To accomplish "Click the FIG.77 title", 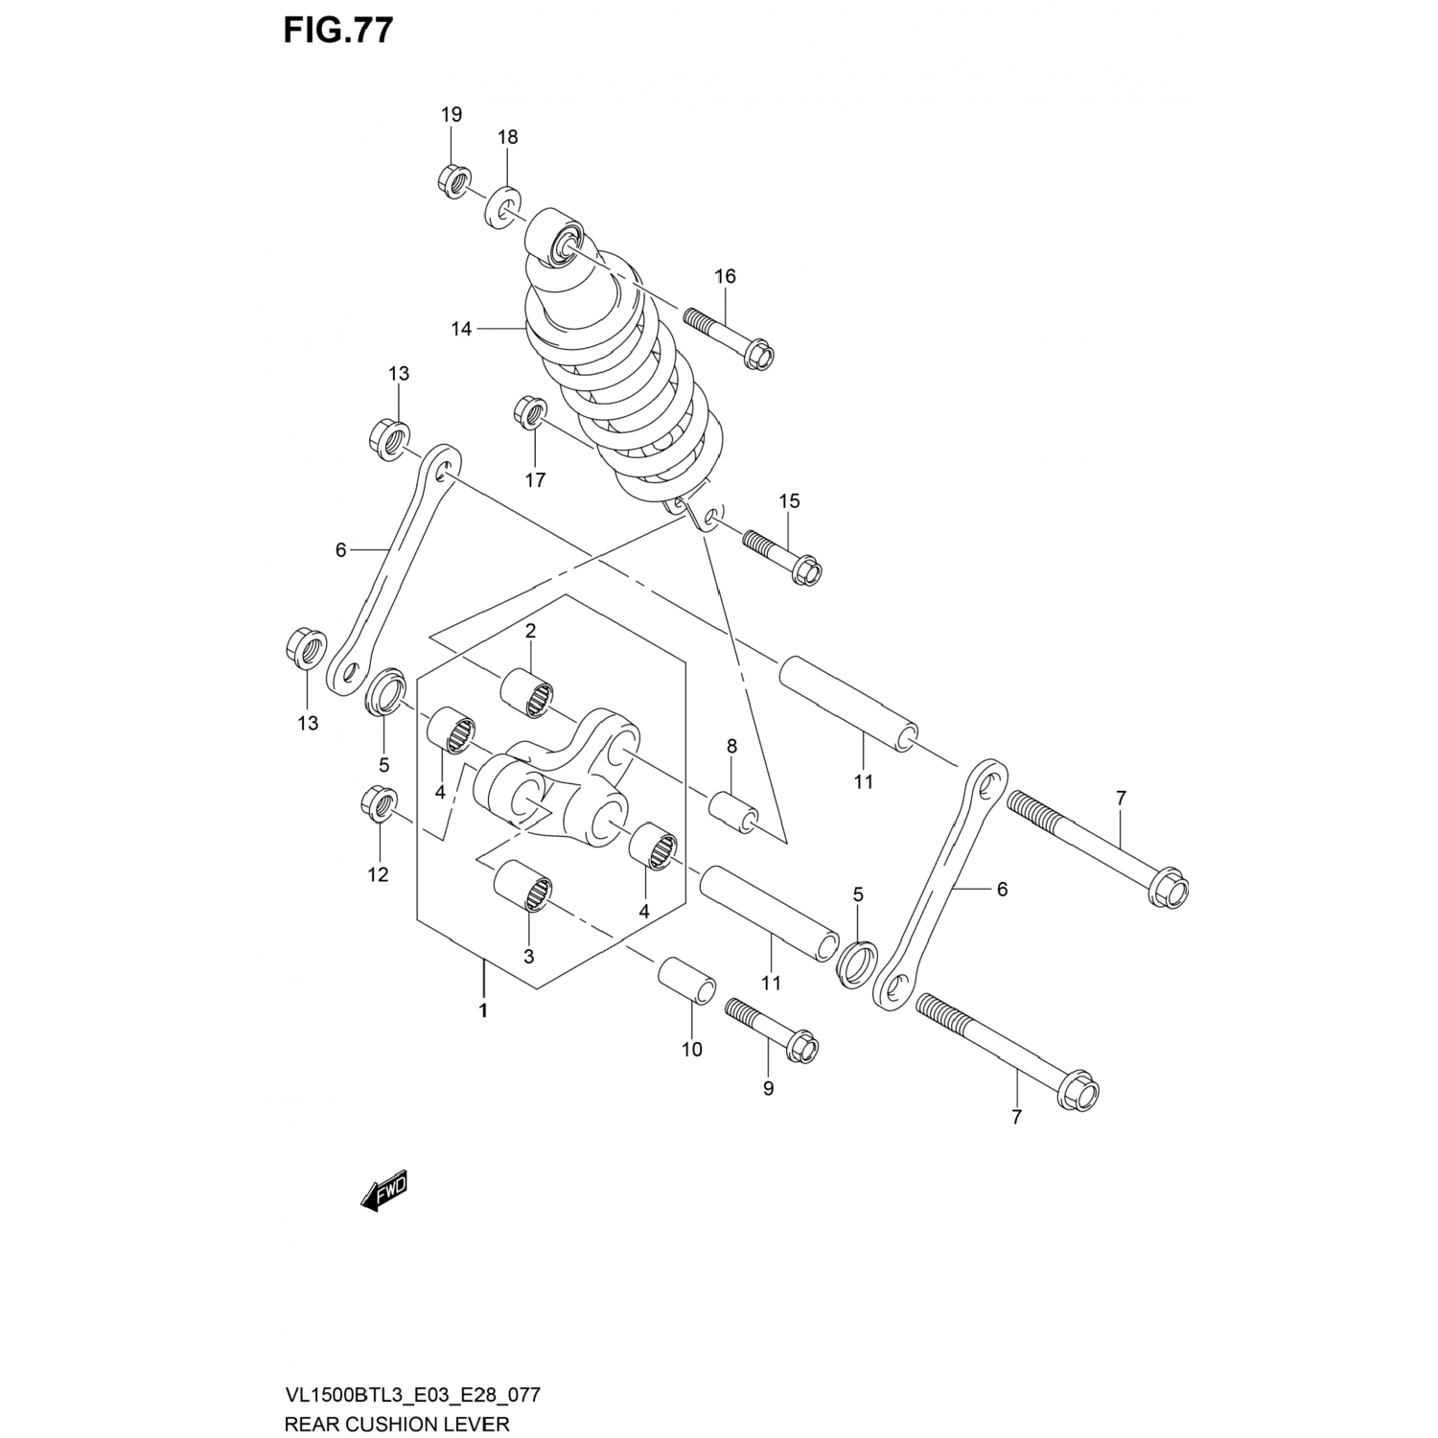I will coord(337,31).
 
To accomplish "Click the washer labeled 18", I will coord(503,205).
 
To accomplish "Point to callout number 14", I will coord(461,329).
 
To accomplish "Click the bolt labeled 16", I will coord(729,336).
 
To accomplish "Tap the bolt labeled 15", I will coord(782,556).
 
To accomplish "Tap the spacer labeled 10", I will coord(686,979).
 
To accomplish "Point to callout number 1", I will coord(483,1009).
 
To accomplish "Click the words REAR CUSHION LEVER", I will coord(397,1424).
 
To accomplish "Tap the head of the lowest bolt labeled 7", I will coord(1080,1094).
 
